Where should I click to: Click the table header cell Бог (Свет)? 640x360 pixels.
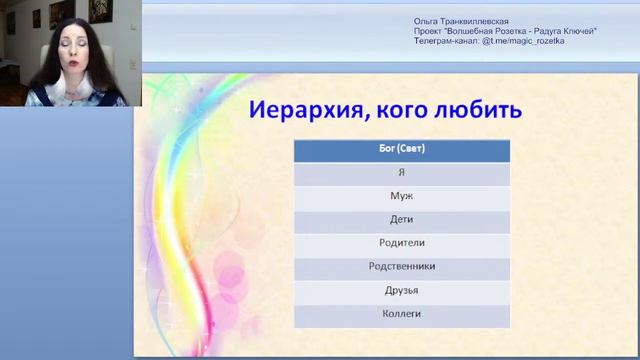401,150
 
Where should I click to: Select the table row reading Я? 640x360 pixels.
401,173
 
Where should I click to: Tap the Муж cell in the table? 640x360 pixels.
401,197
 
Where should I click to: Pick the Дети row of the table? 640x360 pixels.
401,220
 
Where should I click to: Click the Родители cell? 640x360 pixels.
401,243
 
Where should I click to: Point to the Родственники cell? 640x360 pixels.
401,267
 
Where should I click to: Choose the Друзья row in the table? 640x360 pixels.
401,290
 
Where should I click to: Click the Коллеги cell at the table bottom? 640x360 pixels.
401,314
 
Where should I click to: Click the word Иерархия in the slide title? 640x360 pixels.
304,108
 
